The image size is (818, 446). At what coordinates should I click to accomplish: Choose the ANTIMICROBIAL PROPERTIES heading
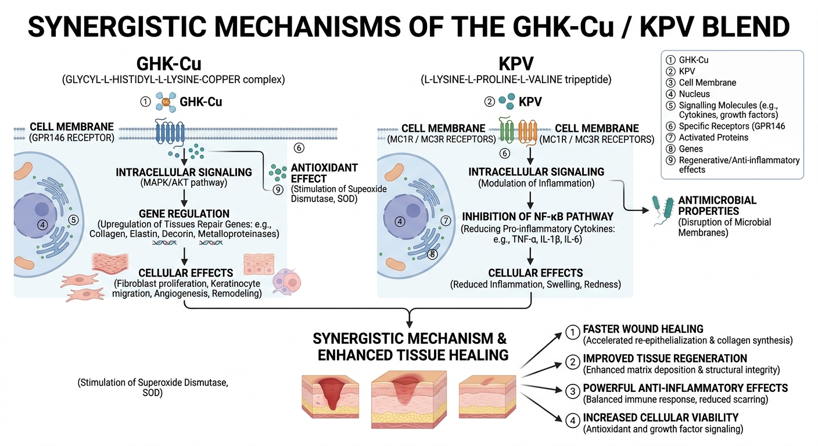click(717, 205)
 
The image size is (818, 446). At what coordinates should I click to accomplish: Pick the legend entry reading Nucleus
click(694, 93)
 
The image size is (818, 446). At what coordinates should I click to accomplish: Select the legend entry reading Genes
click(691, 149)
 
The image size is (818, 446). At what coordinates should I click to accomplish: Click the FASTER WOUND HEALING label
click(643, 329)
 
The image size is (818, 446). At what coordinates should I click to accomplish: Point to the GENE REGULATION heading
click(184, 213)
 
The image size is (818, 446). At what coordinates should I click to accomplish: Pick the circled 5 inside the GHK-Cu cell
click(73, 220)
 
